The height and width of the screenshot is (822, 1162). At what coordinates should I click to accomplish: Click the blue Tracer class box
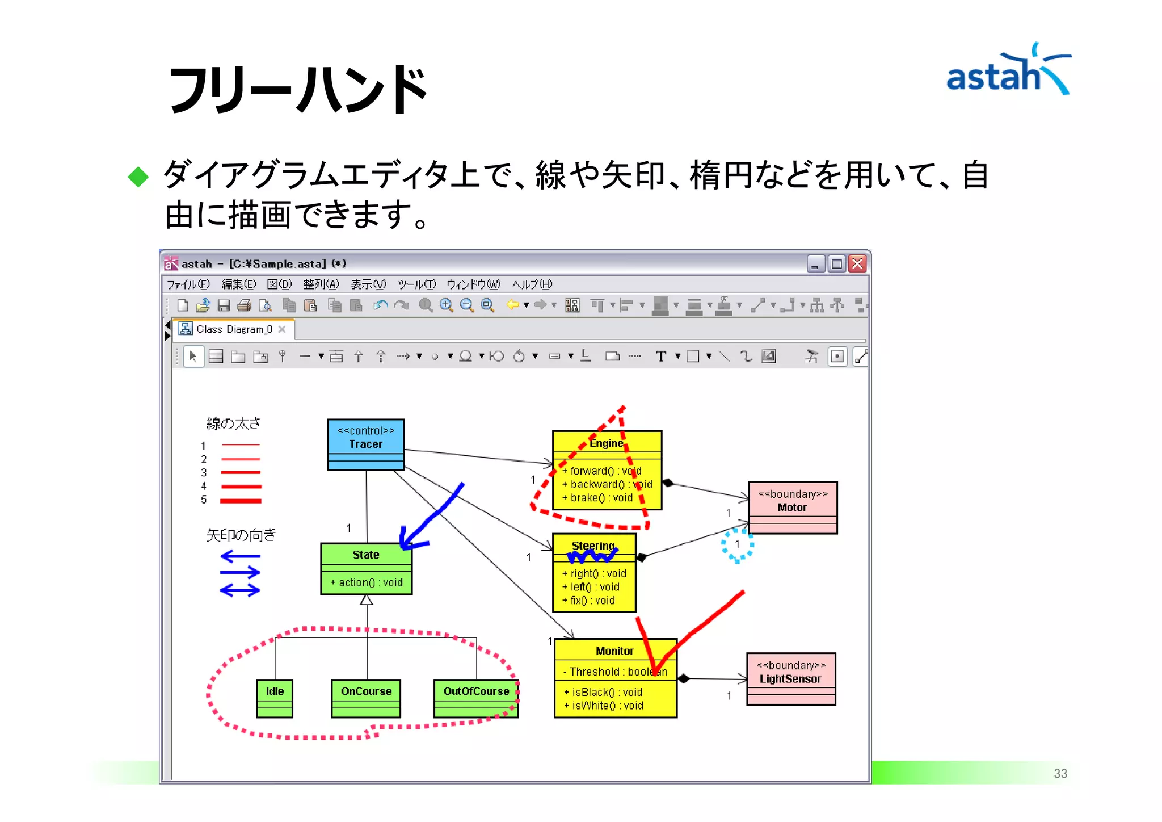365,444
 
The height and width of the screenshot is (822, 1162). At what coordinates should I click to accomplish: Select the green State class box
366,568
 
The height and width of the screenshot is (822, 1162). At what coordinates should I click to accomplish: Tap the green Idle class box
275,698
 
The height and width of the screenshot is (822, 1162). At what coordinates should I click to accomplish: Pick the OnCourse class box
366,698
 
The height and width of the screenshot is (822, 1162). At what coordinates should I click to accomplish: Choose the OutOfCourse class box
475,698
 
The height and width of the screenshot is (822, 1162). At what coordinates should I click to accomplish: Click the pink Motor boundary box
792,507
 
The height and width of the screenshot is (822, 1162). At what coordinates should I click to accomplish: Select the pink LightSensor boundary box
790,678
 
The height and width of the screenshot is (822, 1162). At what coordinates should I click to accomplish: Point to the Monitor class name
614,651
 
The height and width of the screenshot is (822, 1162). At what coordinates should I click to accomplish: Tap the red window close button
857,264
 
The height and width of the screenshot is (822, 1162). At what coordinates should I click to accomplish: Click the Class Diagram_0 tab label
234,329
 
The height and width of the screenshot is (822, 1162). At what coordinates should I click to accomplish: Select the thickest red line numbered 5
241,501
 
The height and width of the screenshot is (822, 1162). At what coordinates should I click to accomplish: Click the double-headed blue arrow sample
240,591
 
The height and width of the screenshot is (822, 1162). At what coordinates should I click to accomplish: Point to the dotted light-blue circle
737,545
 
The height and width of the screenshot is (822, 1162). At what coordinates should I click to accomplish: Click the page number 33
1060,773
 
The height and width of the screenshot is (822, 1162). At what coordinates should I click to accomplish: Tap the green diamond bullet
138,177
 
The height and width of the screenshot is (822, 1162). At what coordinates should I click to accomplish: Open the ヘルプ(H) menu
532,284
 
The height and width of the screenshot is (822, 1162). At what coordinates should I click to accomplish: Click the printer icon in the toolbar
245,306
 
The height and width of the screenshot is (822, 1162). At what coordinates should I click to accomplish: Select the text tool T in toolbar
660,357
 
